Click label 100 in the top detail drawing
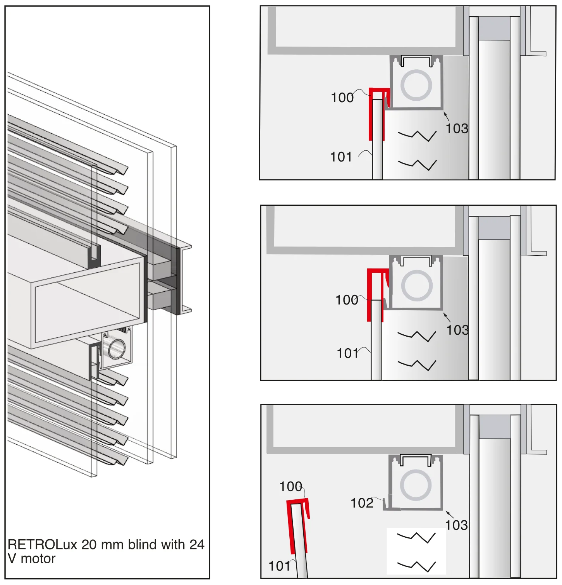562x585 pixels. [x=342, y=98]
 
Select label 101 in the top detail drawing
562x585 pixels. [x=341, y=157]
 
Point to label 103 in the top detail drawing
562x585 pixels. [x=457, y=128]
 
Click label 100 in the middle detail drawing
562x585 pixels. [x=347, y=300]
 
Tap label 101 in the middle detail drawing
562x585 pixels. [x=348, y=353]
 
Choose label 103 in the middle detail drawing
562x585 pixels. [x=457, y=330]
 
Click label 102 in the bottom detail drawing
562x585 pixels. [x=362, y=503]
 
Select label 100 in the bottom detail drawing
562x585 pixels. [x=291, y=487]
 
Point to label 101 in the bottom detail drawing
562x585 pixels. [x=280, y=566]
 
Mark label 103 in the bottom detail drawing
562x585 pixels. [x=457, y=525]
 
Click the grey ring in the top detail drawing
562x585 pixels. [x=416, y=71]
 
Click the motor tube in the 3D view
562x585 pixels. [x=117, y=349]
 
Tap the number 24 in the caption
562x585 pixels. [x=196, y=544]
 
